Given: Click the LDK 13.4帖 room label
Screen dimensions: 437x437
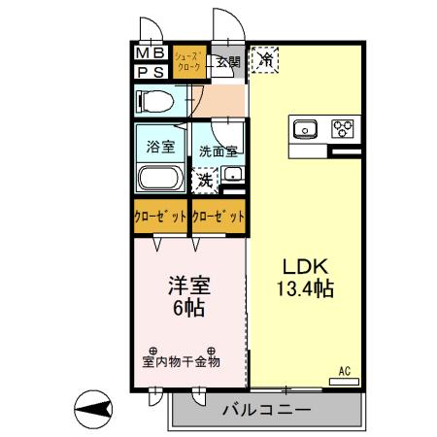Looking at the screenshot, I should pos(308,277).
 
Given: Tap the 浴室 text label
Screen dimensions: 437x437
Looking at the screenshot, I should pos(161,148).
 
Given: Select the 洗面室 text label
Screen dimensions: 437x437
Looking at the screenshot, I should pos(218,151).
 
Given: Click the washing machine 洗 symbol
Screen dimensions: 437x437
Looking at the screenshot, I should pos(205,180).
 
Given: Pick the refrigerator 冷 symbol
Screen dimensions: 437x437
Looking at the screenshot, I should pos(265,60).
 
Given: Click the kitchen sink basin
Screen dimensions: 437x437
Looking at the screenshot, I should pos(306,127).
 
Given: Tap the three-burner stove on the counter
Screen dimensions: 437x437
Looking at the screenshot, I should pos(343,127).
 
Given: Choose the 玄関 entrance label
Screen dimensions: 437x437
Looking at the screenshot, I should pos(227,62).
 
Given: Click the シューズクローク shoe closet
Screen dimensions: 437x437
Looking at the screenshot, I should pos(189,62).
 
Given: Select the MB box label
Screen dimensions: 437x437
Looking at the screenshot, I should pos(150,52).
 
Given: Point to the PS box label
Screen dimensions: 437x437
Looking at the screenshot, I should pos(150,71).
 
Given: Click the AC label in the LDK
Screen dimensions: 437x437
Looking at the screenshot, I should pos(345,370).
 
